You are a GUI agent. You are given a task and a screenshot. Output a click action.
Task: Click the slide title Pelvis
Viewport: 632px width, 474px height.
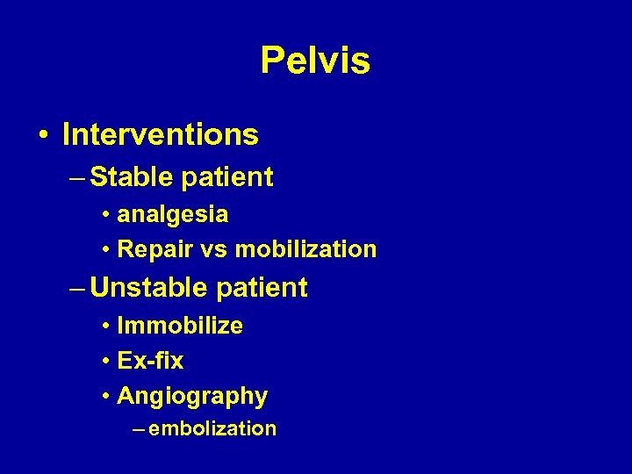[x=315, y=61]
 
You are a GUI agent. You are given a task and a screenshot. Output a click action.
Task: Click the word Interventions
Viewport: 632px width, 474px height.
[x=161, y=134]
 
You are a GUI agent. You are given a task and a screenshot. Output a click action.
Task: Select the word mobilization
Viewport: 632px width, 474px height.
[x=306, y=250]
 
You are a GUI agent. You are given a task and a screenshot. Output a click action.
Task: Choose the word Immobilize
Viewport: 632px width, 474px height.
[x=180, y=326]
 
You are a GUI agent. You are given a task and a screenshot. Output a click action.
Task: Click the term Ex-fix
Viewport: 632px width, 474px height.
[x=150, y=361]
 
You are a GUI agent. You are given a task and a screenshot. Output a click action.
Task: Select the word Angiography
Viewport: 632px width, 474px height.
[x=192, y=397]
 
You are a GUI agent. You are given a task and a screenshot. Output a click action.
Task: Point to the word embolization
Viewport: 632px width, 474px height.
[x=212, y=428]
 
